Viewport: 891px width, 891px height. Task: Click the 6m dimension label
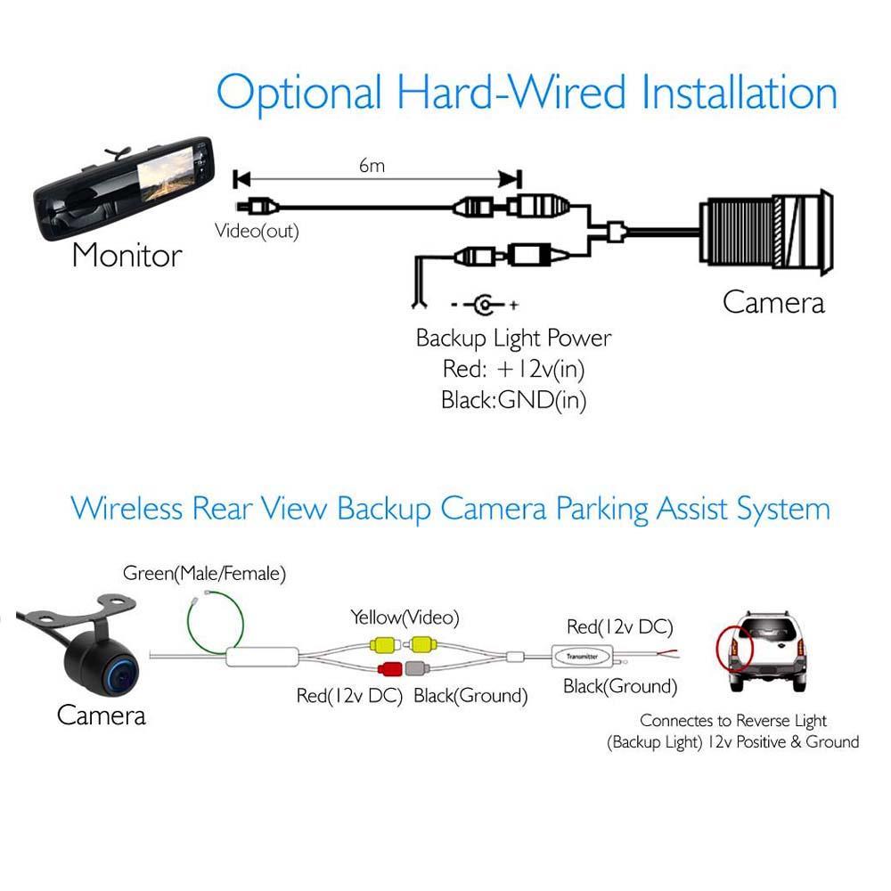coord(372,166)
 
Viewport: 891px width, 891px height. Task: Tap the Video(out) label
coord(257,231)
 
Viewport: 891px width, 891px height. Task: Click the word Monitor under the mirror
coord(127,256)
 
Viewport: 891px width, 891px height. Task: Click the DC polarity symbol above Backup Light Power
coord(484,306)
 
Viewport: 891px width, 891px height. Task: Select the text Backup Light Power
coord(514,339)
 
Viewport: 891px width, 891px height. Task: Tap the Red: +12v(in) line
coord(514,369)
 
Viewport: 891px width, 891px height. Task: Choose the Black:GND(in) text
coord(514,400)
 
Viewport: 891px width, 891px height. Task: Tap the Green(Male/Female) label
coord(205,574)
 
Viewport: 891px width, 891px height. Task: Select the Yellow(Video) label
coord(405,617)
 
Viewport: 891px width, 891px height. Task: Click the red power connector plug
coord(389,670)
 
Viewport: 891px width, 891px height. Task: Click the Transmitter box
coord(581,656)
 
